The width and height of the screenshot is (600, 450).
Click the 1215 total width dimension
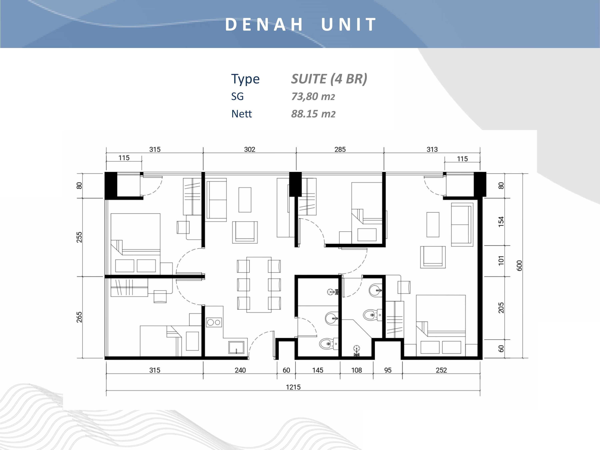293,387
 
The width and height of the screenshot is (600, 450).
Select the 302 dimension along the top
250,149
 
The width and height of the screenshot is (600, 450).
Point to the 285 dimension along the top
340,149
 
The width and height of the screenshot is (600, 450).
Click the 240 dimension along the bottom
240,370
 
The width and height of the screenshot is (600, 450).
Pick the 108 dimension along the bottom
356,370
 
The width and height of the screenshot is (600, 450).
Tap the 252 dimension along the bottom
441,370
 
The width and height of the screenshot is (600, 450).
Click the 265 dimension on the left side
79,317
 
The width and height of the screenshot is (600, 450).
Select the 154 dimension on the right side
501,222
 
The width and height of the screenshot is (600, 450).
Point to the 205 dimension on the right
501,308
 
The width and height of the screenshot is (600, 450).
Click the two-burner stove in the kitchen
214,322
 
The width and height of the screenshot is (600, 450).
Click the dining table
259,285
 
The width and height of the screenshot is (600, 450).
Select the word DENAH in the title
264,24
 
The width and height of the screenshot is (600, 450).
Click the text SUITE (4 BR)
329,79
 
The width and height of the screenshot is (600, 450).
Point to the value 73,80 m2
313,97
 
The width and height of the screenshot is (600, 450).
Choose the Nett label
241,114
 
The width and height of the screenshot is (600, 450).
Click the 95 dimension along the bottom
388,370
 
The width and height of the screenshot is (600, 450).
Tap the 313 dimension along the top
432,149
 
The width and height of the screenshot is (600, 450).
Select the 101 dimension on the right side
501,260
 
